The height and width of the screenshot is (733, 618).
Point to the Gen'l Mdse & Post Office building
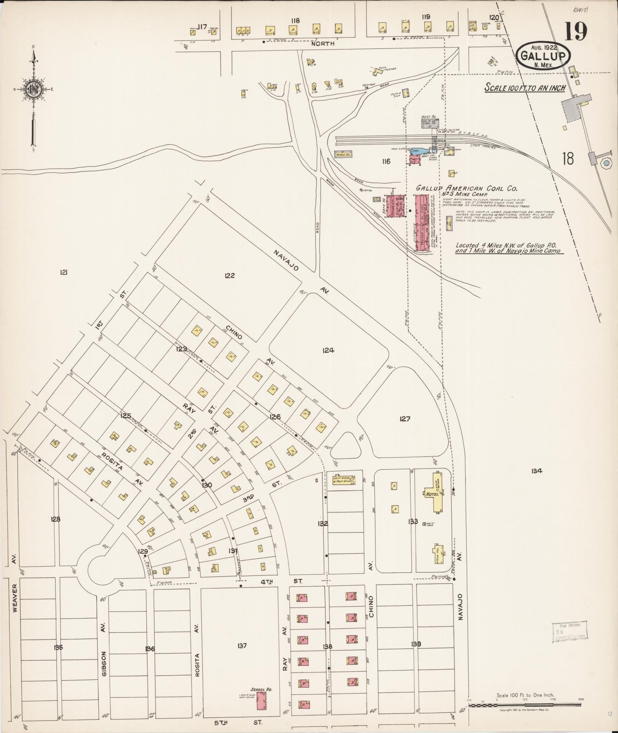(342, 480)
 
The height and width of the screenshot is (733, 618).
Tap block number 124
(328, 350)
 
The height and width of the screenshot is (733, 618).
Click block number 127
(405, 419)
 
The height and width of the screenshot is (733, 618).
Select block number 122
(230, 275)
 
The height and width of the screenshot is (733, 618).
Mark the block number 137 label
(242, 646)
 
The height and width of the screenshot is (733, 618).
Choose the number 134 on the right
(536, 471)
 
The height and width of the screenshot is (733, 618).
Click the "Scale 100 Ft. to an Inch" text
(525, 87)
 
